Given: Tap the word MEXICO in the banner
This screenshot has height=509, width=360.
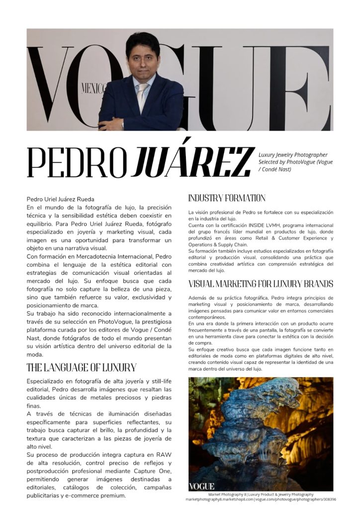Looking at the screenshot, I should click(93, 89).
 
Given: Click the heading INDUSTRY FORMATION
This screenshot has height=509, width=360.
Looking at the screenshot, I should click(226, 198).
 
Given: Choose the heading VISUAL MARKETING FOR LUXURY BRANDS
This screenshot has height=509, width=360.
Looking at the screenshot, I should click(261, 284).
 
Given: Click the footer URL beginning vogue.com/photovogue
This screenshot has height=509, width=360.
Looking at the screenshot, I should click(295, 499).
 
